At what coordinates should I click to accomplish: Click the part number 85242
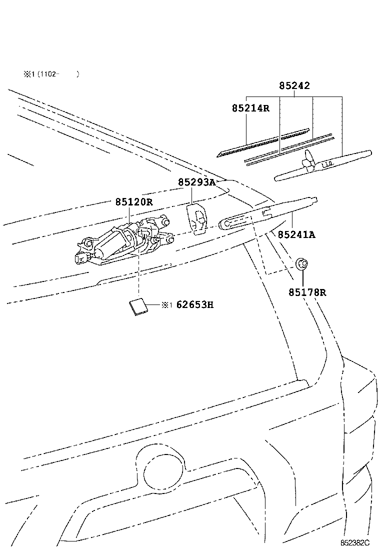pyautogui.click(x=294, y=86)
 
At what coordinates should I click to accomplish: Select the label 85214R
pyautogui.click(x=250, y=108)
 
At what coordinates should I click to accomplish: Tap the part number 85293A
pyautogui.click(x=196, y=182)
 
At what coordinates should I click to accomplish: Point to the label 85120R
pyautogui.click(x=133, y=202)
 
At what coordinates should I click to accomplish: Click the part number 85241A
pyautogui.click(x=296, y=234)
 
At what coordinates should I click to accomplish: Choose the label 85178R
pyautogui.click(x=306, y=292)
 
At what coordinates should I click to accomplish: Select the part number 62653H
pyautogui.click(x=194, y=304)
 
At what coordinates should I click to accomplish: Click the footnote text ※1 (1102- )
pyautogui.click(x=50, y=74)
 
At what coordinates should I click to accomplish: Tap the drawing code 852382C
pyautogui.click(x=355, y=542)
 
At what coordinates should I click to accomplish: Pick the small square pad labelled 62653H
pyautogui.click(x=137, y=306)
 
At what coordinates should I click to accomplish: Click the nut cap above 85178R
pyautogui.click(x=302, y=263)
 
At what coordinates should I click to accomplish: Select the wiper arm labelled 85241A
pyautogui.click(x=270, y=212)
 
